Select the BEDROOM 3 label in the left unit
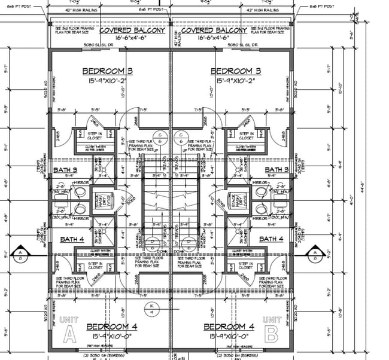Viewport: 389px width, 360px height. (107, 71)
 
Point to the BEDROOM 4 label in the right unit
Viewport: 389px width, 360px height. (229, 327)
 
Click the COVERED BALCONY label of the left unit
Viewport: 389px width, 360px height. (132, 30)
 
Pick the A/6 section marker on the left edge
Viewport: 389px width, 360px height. (22, 255)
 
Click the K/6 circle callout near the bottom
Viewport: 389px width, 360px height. (151, 309)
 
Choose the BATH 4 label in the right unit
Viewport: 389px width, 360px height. (271, 239)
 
